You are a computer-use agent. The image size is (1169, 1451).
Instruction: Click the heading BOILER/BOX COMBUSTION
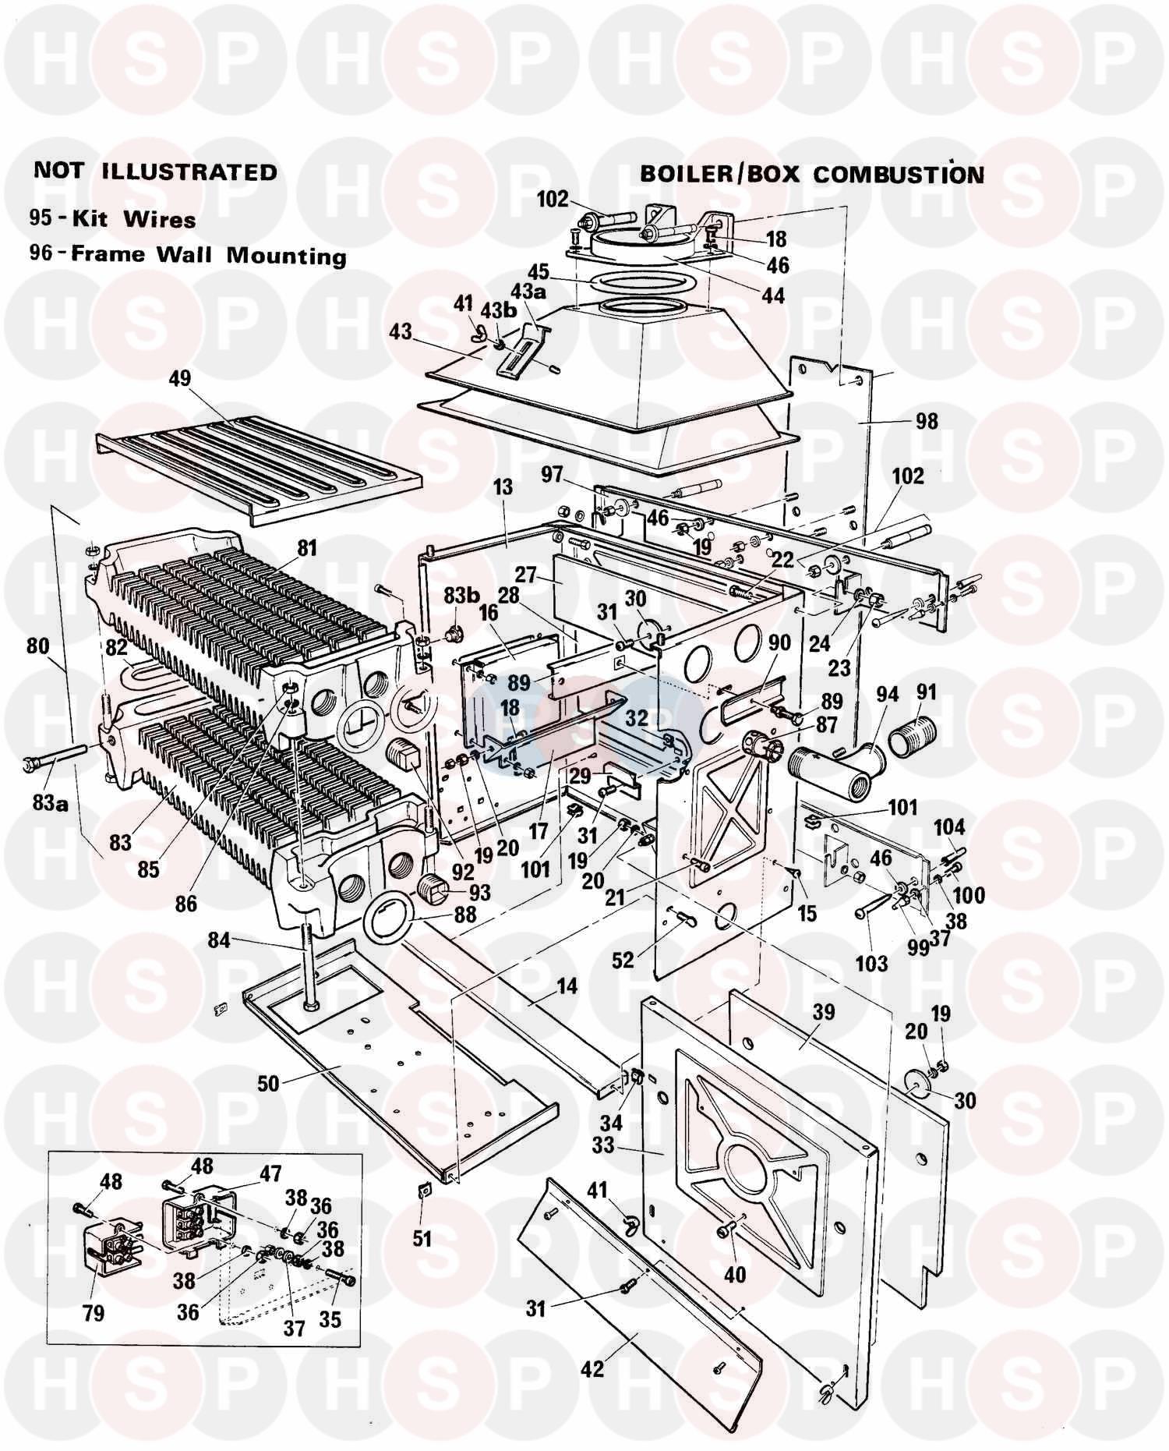[x=811, y=173]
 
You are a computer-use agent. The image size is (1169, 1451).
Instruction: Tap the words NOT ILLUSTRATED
[x=155, y=171]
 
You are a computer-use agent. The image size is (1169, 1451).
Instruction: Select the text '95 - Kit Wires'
[x=112, y=218]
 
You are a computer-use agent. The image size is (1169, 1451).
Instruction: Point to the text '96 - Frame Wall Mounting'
[x=187, y=255]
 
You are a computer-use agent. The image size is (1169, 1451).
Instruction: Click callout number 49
[x=179, y=379]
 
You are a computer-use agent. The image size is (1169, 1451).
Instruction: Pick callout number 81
[x=307, y=548]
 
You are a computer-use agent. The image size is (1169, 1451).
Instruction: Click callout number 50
[x=268, y=1085]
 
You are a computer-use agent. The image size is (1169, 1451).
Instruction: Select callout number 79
[x=93, y=1314]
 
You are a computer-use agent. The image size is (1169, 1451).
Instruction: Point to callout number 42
[x=592, y=1368]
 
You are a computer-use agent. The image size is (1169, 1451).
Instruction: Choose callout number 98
[x=927, y=422]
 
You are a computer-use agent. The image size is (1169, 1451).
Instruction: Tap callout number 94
[x=887, y=693]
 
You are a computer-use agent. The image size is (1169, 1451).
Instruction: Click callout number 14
[x=567, y=986]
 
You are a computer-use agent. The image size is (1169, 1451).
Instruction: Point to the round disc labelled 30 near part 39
[x=922, y=1085]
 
